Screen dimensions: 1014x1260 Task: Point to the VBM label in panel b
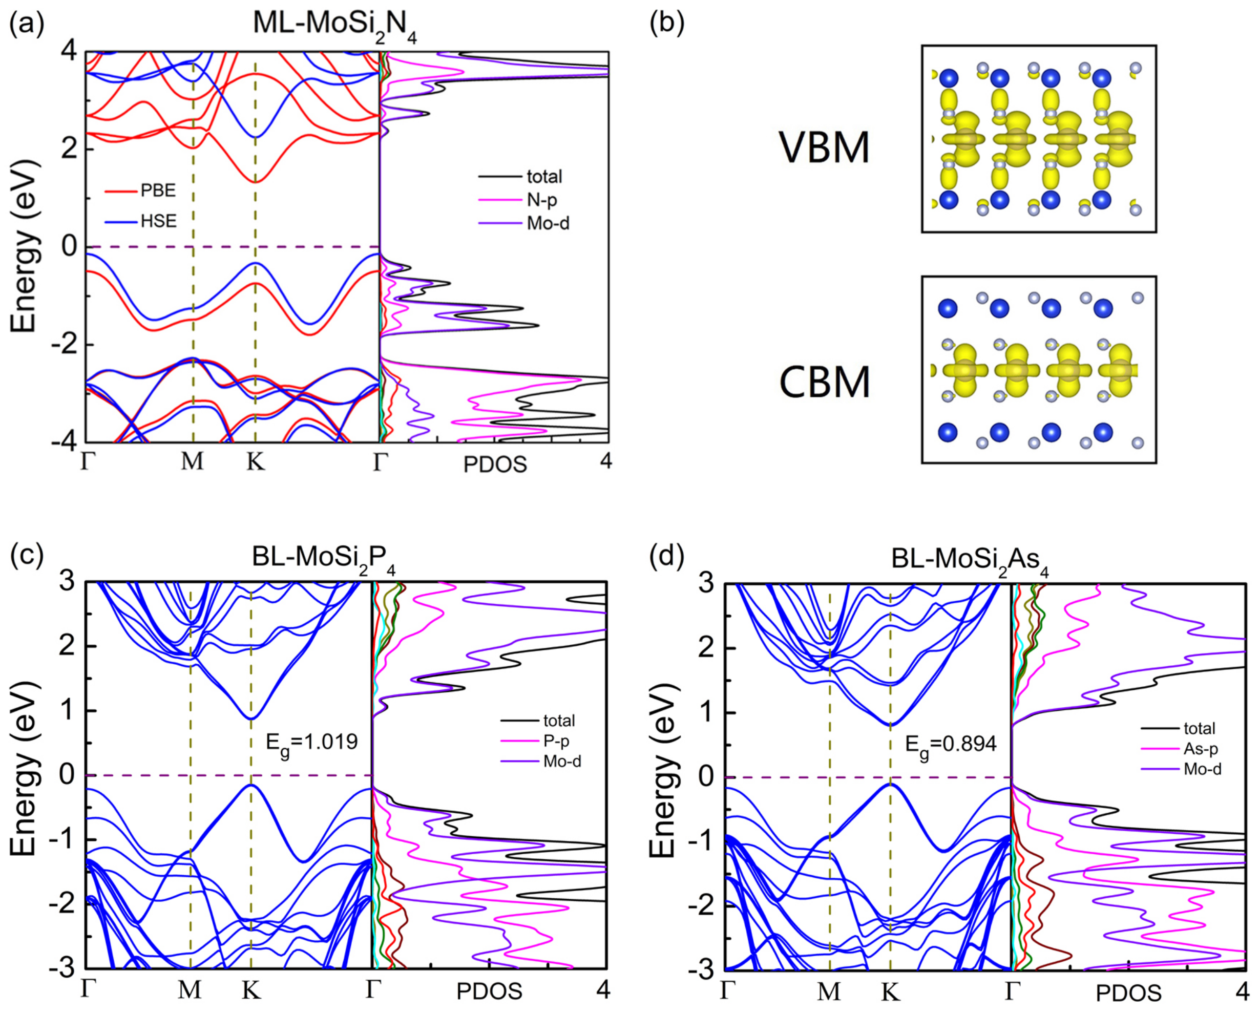pos(824,147)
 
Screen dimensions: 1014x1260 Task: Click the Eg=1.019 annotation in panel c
pos(311,743)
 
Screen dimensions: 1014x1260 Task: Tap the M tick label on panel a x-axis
pos(192,462)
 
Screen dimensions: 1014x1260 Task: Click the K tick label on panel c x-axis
pos(251,990)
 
